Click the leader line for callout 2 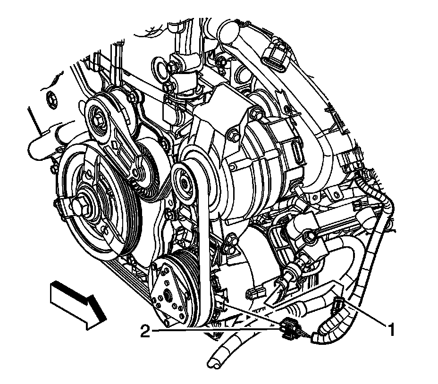[212, 332]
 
